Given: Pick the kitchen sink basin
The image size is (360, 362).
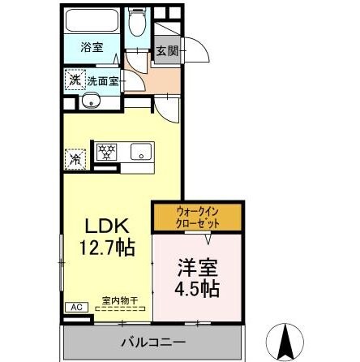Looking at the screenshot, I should coord(140,152).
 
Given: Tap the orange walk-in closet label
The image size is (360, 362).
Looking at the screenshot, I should coord(197,216).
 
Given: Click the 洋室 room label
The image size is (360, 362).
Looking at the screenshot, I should coord(195,266).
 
